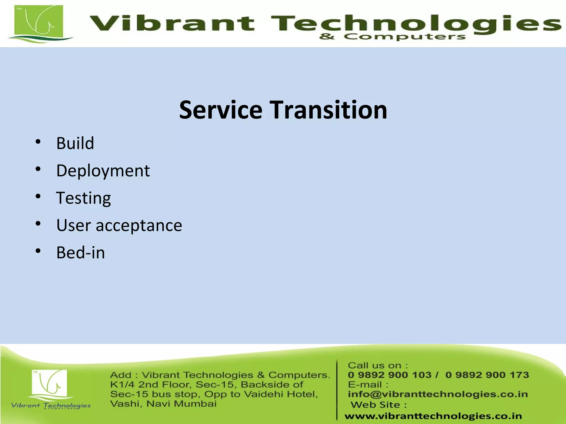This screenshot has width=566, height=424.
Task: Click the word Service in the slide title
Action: click(221, 110)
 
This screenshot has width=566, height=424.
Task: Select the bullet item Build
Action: click(75, 143)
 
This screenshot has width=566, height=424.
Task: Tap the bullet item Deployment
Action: click(103, 171)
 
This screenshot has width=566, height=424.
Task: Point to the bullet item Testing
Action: click(83, 198)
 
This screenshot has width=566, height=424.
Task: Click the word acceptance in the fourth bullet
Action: click(139, 225)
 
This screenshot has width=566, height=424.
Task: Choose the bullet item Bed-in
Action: click(80, 253)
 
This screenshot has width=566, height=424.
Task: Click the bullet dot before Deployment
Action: click(38, 169)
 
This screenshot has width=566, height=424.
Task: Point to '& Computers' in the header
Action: click(392, 37)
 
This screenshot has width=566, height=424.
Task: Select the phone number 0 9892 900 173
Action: click(487, 375)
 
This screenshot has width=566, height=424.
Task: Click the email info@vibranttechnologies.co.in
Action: click(438, 394)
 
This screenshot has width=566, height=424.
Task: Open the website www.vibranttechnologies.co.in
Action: click(433, 416)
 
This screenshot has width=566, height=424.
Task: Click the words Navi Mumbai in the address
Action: click(181, 404)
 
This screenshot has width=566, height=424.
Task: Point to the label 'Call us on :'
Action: click(378, 365)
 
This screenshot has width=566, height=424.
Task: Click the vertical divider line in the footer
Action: click(337, 389)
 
